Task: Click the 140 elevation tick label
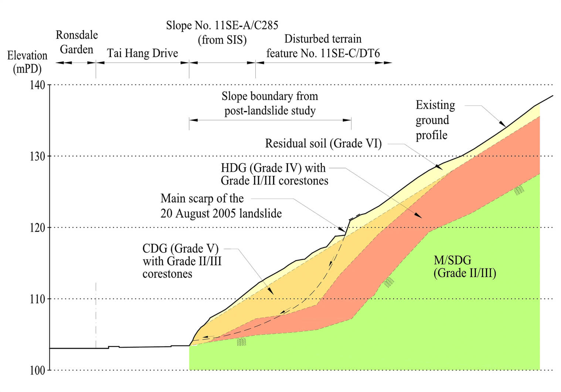pyautogui.click(x=37, y=85)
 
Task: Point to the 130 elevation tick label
pyautogui.click(x=37, y=156)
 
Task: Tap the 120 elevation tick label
pyautogui.click(x=37, y=228)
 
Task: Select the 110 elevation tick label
pyautogui.click(x=37, y=299)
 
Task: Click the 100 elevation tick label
pyautogui.click(x=37, y=370)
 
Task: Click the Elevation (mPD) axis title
pyautogui.click(x=27, y=62)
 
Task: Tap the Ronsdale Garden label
pyautogui.click(x=76, y=42)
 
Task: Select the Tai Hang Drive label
pyautogui.click(x=142, y=53)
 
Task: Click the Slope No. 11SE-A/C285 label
pyautogui.click(x=222, y=32)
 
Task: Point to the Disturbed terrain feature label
pyautogui.click(x=323, y=46)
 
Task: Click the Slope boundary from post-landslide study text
pyautogui.click(x=270, y=103)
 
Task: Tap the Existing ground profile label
pyautogui.click(x=435, y=120)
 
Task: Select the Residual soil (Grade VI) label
pyautogui.click(x=323, y=143)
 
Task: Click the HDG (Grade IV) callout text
pyautogui.click(x=274, y=174)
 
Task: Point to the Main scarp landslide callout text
pyautogui.click(x=221, y=206)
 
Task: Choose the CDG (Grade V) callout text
pyautogui.click(x=182, y=261)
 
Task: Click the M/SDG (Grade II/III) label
pyautogui.click(x=464, y=267)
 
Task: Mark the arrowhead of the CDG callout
pyautogui.click(x=271, y=292)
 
